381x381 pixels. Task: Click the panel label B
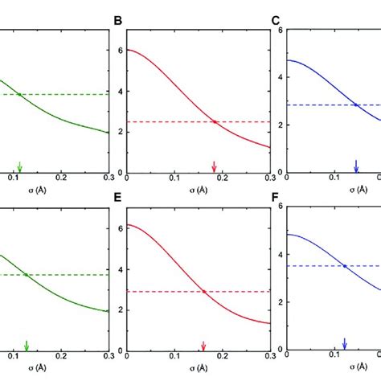117,21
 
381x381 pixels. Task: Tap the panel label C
275,21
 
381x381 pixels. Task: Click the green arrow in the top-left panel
20,166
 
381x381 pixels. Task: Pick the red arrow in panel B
214,166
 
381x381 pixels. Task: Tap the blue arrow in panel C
356,166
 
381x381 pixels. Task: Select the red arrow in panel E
203,345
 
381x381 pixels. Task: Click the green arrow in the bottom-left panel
27,345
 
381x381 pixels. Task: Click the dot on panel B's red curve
214,121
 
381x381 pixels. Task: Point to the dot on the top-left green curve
20,94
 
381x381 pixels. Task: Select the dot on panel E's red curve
203,291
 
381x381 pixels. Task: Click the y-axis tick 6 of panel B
118,51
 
